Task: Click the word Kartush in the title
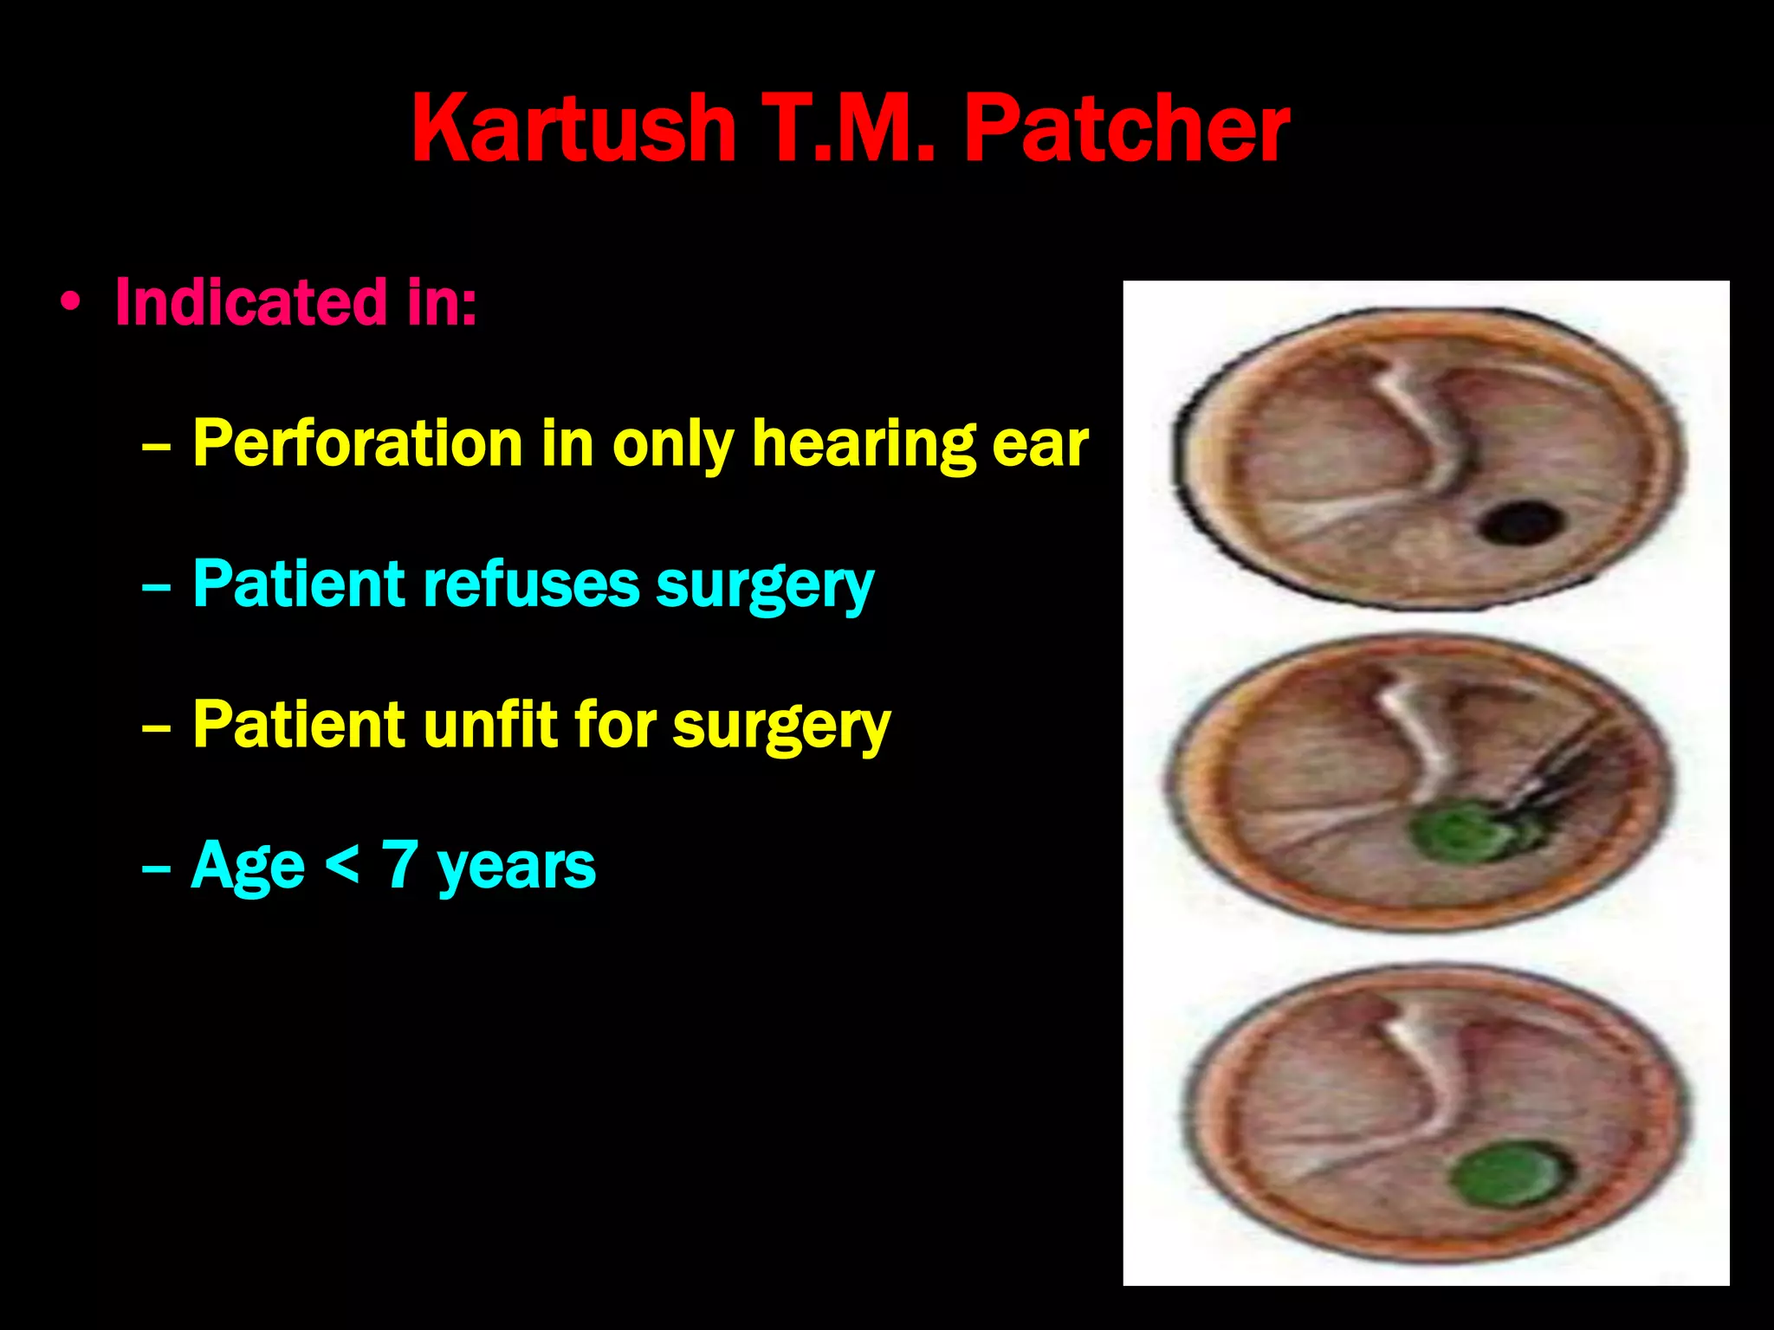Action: tap(573, 130)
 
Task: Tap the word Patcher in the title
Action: tap(1126, 130)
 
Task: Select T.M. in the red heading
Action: tap(849, 130)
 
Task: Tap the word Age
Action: tap(248, 867)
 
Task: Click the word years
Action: tap(516, 867)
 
